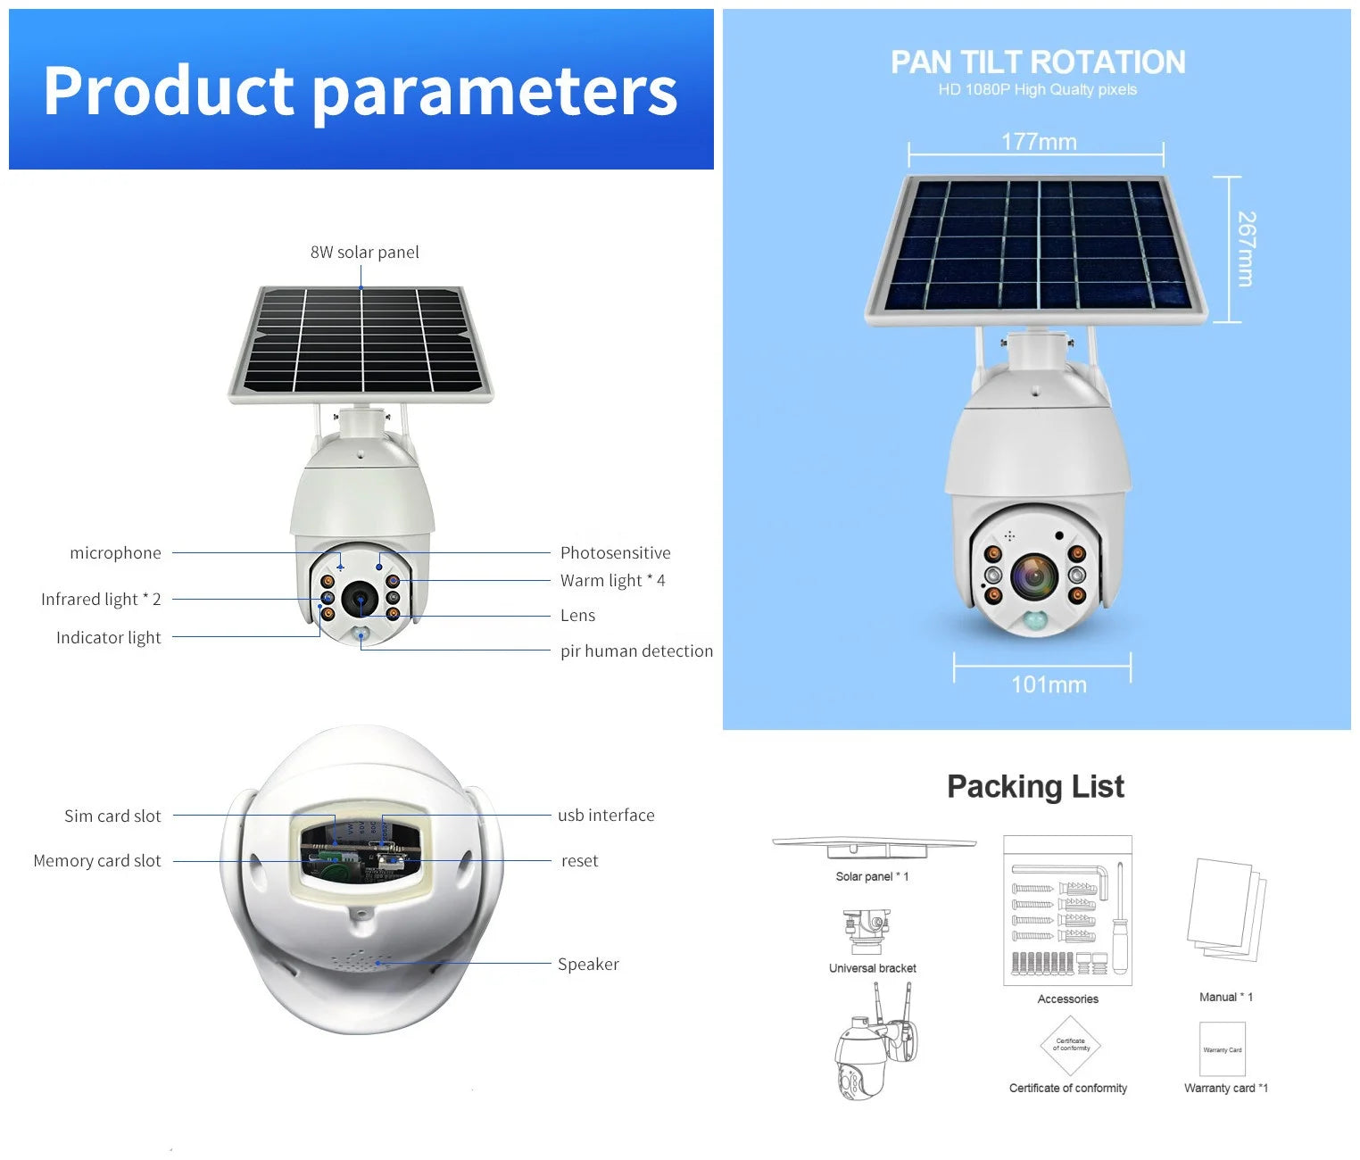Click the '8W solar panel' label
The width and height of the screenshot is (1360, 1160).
click(364, 252)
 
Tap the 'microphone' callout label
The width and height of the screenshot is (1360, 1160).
click(115, 552)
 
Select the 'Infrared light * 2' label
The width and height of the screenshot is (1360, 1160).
click(101, 599)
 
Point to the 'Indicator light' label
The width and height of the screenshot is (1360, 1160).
click(109, 638)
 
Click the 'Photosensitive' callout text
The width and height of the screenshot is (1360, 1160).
click(615, 552)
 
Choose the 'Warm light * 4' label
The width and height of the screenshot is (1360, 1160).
click(612, 580)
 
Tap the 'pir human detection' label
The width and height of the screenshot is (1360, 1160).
click(636, 650)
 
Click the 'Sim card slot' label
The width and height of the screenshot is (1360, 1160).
click(112, 816)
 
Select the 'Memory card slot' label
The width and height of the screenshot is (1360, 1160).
click(96, 860)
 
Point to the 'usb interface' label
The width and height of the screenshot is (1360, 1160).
click(606, 816)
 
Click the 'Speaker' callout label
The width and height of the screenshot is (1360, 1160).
click(588, 964)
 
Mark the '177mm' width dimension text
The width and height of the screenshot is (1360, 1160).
click(1039, 142)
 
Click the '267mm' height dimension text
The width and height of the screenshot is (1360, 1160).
click(1246, 249)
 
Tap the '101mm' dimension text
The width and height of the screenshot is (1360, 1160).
click(1049, 684)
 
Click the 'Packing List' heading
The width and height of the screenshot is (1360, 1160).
click(1036, 786)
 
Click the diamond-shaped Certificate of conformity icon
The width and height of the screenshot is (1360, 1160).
click(1070, 1045)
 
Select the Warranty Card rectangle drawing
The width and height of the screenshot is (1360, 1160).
click(1223, 1048)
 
